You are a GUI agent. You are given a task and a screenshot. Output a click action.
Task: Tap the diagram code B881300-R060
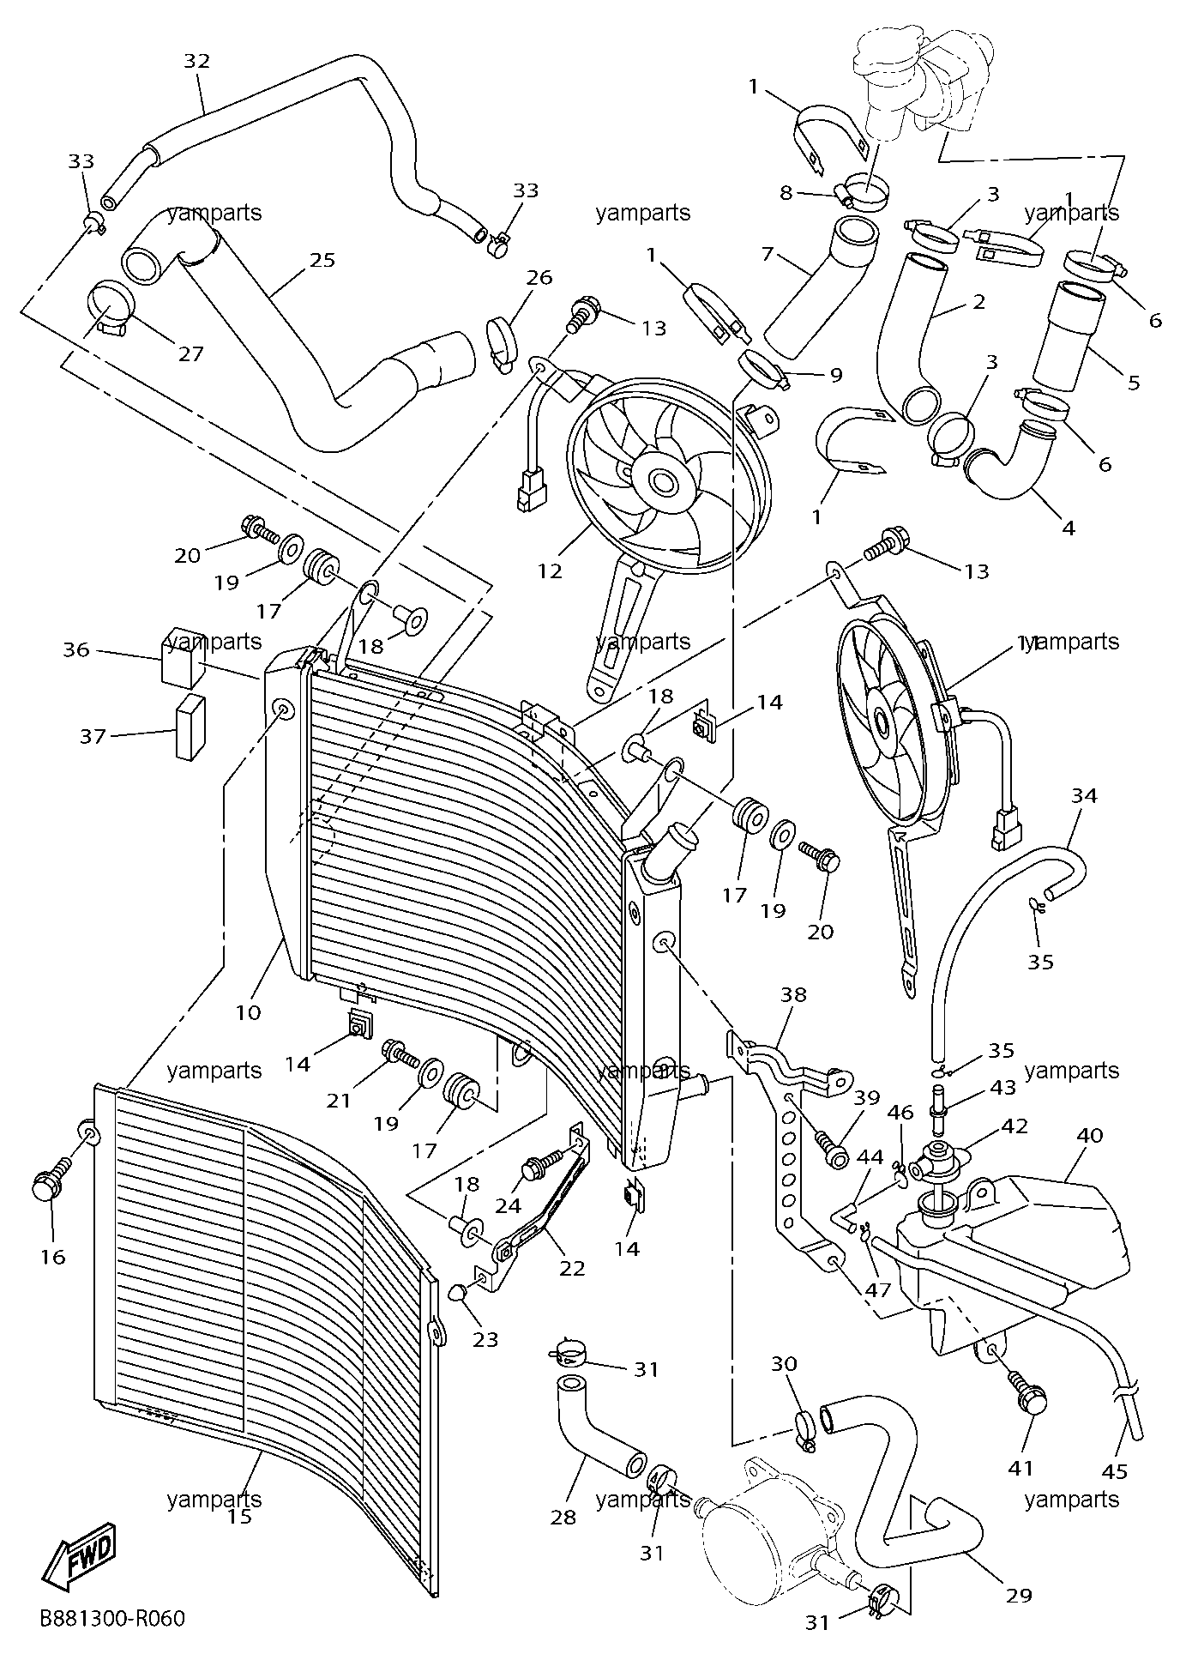point(111,1618)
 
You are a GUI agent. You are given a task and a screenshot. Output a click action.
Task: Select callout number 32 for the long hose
point(196,61)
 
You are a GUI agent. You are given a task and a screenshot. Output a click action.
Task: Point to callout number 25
point(322,260)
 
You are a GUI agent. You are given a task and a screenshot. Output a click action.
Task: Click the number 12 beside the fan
point(550,570)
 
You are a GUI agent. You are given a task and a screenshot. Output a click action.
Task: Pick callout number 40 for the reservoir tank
point(1089,1135)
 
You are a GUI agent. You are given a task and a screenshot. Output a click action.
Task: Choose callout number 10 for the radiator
point(248,1013)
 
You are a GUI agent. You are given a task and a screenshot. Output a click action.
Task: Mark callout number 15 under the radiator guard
point(240,1516)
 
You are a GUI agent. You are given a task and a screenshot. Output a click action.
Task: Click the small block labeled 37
point(191,727)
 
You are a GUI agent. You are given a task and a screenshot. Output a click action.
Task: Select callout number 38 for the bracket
point(793,994)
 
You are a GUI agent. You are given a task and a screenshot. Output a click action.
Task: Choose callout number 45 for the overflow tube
point(1114,1471)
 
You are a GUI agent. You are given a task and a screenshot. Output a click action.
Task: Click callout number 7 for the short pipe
point(768,254)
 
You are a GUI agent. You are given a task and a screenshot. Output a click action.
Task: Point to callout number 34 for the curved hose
point(1084,795)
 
